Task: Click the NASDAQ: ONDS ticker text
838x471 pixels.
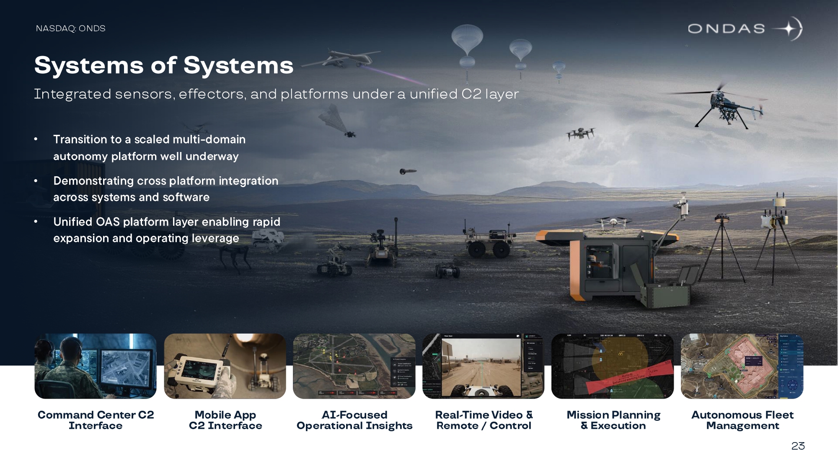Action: [x=70, y=28]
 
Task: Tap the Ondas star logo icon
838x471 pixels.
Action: [x=789, y=29]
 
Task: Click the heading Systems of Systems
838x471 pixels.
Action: [x=164, y=65]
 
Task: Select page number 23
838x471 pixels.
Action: [x=798, y=446]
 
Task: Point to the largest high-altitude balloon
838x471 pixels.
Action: [x=467, y=42]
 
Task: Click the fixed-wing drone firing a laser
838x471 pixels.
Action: [x=340, y=59]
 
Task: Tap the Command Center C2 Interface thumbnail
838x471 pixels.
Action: [x=96, y=366]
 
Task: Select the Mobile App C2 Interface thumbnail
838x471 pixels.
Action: [x=225, y=366]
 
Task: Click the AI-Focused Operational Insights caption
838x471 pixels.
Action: [x=354, y=420]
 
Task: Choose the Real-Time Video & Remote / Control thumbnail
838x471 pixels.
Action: [x=484, y=366]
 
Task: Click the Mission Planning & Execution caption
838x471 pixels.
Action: [x=613, y=420]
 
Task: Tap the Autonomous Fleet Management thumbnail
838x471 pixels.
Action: [x=742, y=366]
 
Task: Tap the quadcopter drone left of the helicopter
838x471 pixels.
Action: [x=580, y=134]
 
